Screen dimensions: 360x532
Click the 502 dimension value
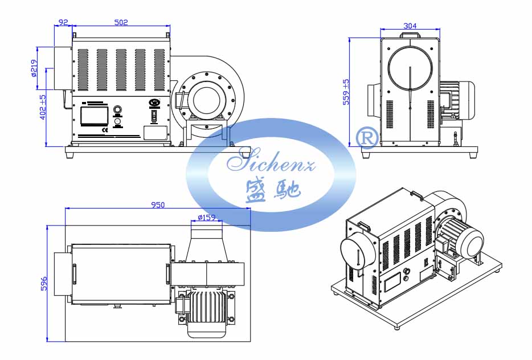click(x=121, y=22)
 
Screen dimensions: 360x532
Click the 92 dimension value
click(x=63, y=22)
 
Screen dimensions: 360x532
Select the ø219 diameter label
click(x=35, y=68)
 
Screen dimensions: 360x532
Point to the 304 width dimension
click(x=410, y=26)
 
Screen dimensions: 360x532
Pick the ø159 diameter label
click(x=206, y=218)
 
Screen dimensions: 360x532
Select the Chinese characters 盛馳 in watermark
click(x=271, y=189)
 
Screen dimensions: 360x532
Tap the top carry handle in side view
click(x=410, y=35)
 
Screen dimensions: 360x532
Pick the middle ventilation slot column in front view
click(x=121, y=69)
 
